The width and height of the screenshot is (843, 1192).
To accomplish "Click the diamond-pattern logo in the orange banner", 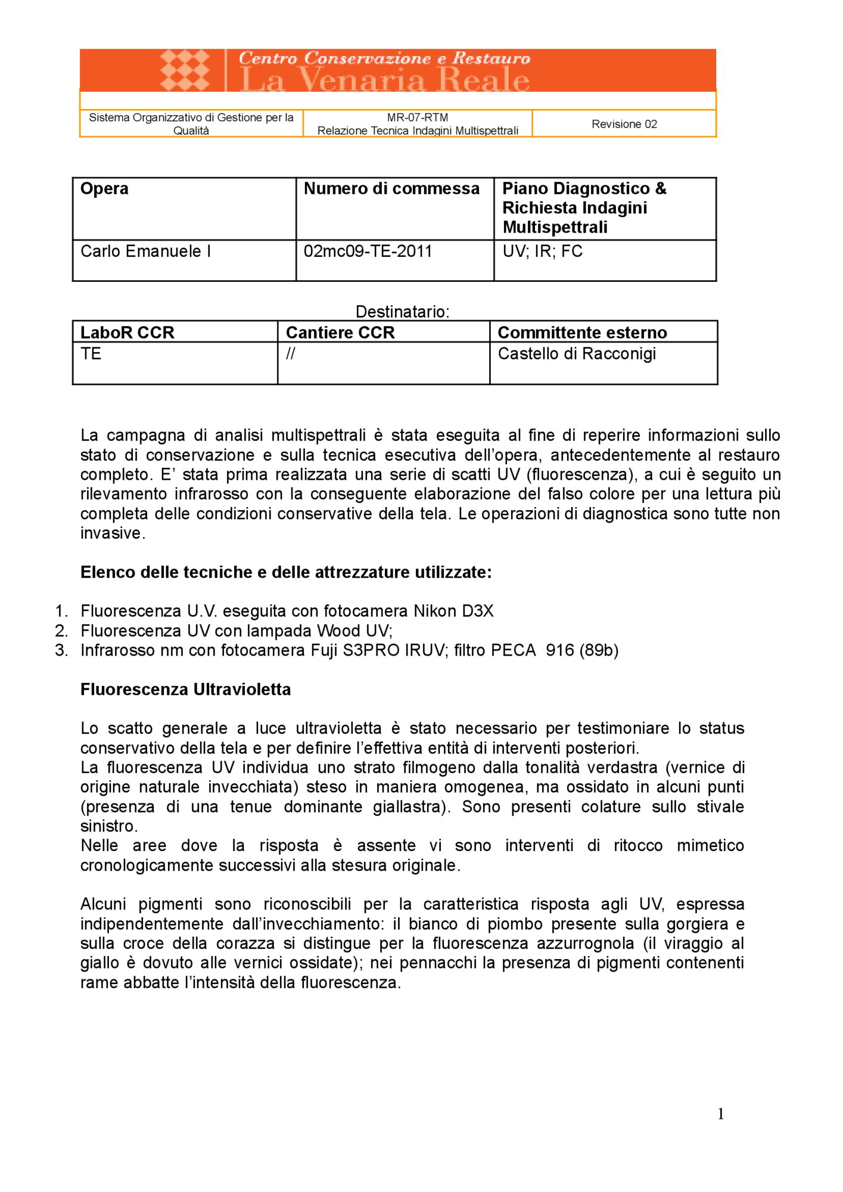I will click(185, 70).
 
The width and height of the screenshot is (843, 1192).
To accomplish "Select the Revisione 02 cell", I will click(624, 124).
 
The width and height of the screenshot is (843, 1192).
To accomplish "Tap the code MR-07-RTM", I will click(417, 117).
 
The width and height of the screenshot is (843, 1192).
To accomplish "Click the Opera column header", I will click(104, 189).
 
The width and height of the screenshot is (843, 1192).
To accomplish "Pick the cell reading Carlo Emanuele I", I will click(145, 252).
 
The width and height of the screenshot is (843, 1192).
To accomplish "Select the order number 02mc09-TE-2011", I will click(368, 252).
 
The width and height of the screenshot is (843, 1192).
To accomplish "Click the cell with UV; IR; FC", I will click(542, 252).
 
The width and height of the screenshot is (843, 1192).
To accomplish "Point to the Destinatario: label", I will click(402, 312).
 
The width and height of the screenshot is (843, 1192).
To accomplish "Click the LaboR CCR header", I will click(127, 333).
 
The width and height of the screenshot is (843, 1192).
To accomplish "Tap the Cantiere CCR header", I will click(340, 333).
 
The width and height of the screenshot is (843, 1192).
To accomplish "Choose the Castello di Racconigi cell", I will click(576, 354).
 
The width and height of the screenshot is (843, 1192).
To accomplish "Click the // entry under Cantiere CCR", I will click(290, 354).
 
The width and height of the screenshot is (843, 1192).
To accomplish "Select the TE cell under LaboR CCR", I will click(91, 354).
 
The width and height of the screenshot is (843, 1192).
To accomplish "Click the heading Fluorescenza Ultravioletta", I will click(185, 690).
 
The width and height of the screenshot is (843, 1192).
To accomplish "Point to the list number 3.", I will click(61, 650).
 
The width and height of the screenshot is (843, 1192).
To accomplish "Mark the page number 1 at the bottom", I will click(721, 1114).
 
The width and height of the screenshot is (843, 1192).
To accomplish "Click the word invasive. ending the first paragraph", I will click(113, 533).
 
